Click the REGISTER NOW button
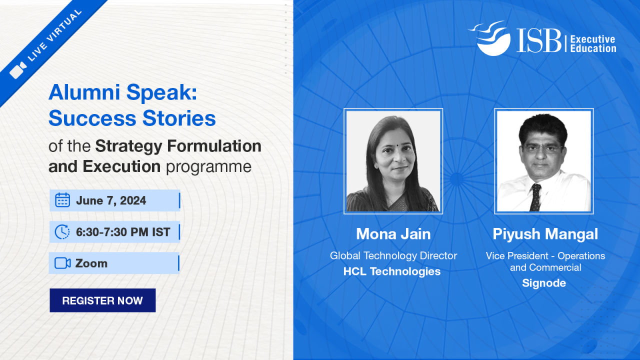102,300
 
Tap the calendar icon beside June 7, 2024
62,200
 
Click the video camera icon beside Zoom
62,263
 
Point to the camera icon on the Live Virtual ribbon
18,70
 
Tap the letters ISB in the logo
539,40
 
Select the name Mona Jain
393,234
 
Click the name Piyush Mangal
545,234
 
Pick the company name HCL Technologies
392,271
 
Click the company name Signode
544,283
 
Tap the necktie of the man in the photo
535,197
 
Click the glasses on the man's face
542,149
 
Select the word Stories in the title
179,118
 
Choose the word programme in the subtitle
208,167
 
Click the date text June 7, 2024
111,200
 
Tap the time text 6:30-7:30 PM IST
123,232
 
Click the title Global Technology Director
393,255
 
